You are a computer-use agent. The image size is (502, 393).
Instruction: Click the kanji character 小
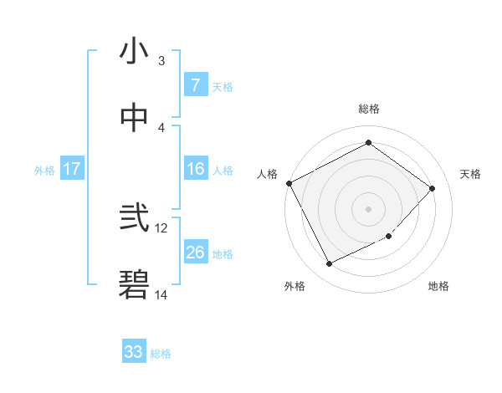point(134,52)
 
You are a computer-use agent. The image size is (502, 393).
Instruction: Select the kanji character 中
point(134,118)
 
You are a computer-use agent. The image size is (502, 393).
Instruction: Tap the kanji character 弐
point(134,219)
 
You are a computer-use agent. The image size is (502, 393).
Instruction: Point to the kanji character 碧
point(134,285)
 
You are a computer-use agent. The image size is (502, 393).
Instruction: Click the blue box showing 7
point(195,84)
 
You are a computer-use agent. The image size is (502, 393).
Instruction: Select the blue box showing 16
point(195,169)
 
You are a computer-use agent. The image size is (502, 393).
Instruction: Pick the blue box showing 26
point(195,253)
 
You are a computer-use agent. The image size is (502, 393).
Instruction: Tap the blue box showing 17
point(72,169)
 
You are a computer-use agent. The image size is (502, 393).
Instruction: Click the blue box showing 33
point(134,352)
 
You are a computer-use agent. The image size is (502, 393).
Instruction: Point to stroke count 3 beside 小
point(161,61)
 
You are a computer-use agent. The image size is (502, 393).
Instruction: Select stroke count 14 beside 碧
point(161,294)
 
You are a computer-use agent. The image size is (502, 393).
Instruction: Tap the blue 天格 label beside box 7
point(223,86)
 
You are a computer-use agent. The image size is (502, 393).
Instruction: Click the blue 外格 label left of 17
point(44,171)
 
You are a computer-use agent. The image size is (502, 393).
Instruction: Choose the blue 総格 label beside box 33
point(161,354)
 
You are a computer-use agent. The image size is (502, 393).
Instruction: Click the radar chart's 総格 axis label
point(369,109)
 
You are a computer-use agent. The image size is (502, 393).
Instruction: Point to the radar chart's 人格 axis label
point(267,174)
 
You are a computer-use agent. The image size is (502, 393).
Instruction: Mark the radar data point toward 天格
point(432,188)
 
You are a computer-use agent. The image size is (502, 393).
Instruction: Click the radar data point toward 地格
point(388,237)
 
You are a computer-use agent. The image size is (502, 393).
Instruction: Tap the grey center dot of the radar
point(368,208)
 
